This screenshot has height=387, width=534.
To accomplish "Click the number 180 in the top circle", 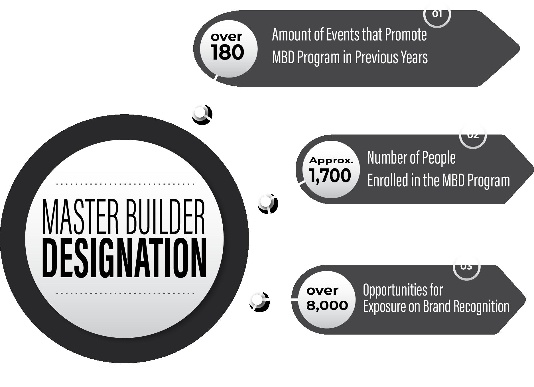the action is click(228, 53).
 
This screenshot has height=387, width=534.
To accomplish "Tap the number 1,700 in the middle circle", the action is click(330, 176).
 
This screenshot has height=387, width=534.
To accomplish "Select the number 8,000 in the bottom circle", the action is click(327, 305).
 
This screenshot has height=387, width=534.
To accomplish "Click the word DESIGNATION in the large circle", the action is click(124, 259).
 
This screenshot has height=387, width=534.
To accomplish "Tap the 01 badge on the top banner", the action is click(437, 14).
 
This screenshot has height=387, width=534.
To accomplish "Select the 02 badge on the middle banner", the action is click(473, 136).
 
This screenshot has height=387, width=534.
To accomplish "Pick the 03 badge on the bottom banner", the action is click(466, 267).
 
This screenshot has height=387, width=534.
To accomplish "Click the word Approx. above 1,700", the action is click(331, 161).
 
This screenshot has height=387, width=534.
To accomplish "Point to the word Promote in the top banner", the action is click(406, 35).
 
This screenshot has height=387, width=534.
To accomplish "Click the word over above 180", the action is click(226, 37).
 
